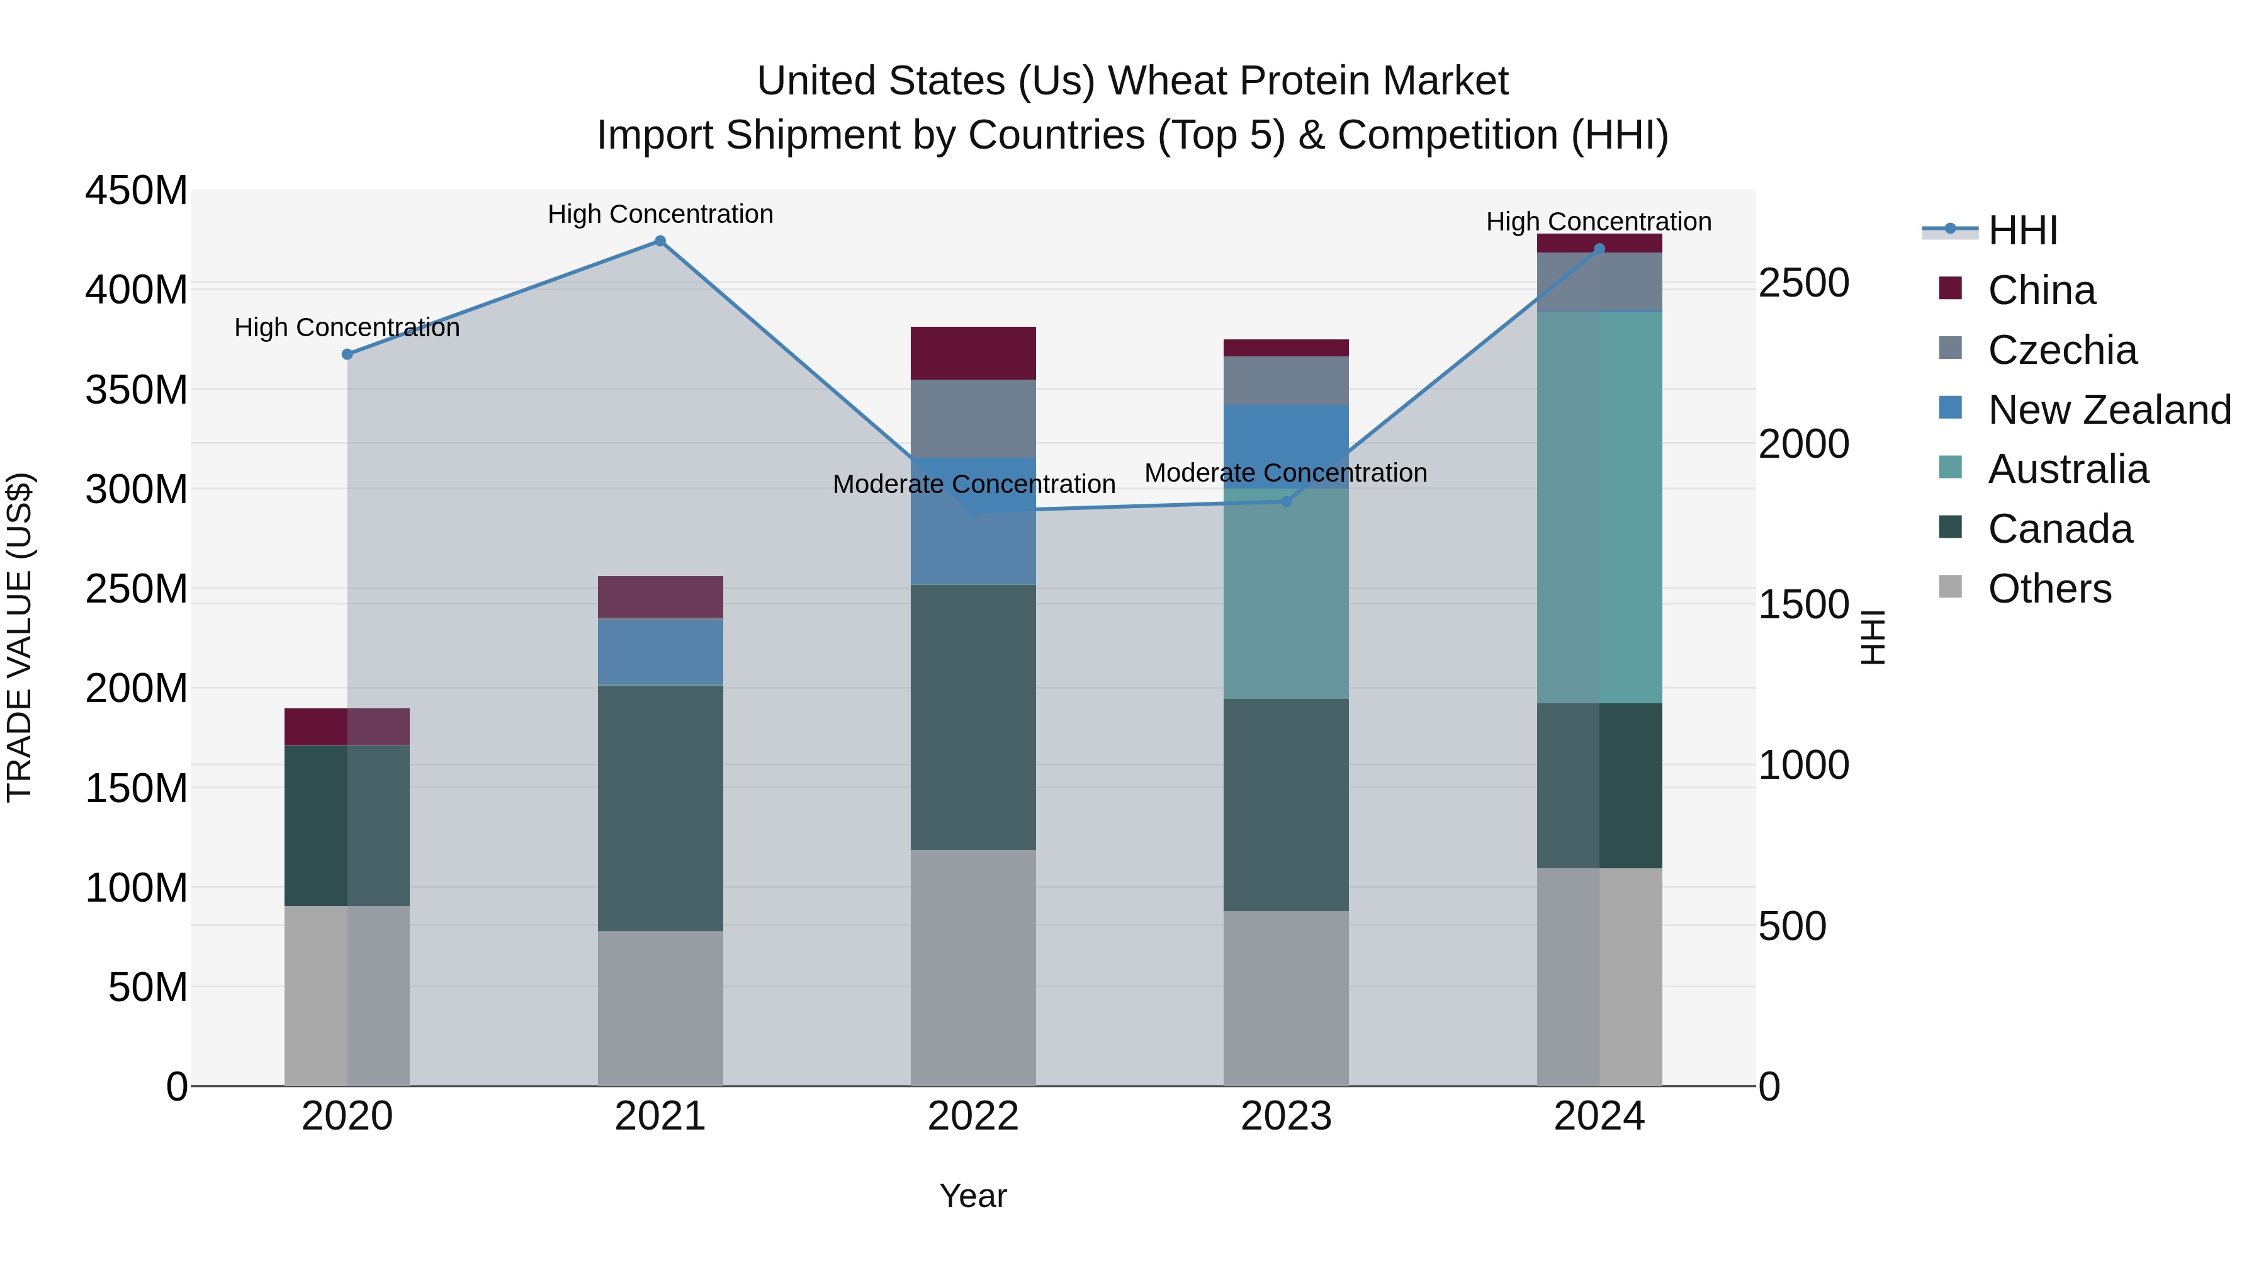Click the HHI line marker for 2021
660,241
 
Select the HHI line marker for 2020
347,354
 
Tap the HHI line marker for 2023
1286,502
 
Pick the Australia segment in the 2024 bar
1599,507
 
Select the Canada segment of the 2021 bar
660,808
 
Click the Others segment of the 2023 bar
1286,998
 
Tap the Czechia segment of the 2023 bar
1286,381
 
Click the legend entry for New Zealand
2109,410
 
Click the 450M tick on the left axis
137,191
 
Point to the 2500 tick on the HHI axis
1804,283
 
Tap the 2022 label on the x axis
973,1116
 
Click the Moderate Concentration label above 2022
974,485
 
